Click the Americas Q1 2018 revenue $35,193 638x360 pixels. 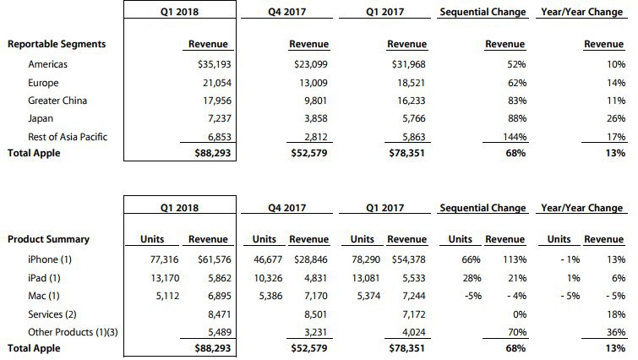(x=211, y=63)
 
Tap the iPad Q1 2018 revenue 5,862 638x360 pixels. (x=216, y=277)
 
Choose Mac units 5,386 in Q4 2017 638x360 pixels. (x=267, y=295)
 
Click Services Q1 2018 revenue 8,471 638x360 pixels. (x=216, y=314)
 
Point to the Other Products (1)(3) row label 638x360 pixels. (x=73, y=331)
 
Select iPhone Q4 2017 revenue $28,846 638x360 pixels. (x=309, y=259)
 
